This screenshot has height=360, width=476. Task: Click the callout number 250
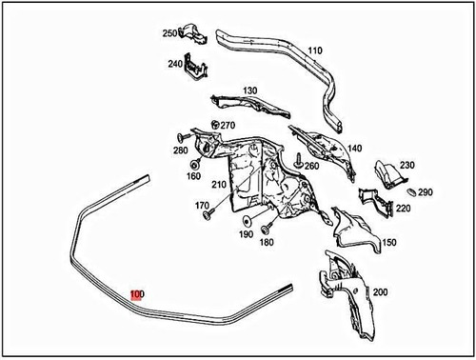170,33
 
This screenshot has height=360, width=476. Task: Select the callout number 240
174,65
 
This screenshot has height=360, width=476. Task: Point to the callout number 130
249,91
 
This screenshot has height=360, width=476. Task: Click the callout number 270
228,125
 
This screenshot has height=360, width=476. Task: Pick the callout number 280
181,150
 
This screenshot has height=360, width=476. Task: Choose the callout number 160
193,175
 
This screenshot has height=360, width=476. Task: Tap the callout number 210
219,184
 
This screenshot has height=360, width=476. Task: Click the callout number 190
246,234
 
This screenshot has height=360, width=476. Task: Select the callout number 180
266,242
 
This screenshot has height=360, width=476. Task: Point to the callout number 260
310,167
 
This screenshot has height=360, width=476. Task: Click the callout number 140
354,148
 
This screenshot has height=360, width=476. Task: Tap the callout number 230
407,166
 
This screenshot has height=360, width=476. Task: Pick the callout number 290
425,191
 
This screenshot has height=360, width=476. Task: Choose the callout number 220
403,208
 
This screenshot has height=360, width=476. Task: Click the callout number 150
388,243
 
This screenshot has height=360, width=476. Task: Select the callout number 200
380,291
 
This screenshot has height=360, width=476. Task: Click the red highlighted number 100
137,294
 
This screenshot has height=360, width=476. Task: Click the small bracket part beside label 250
197,35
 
